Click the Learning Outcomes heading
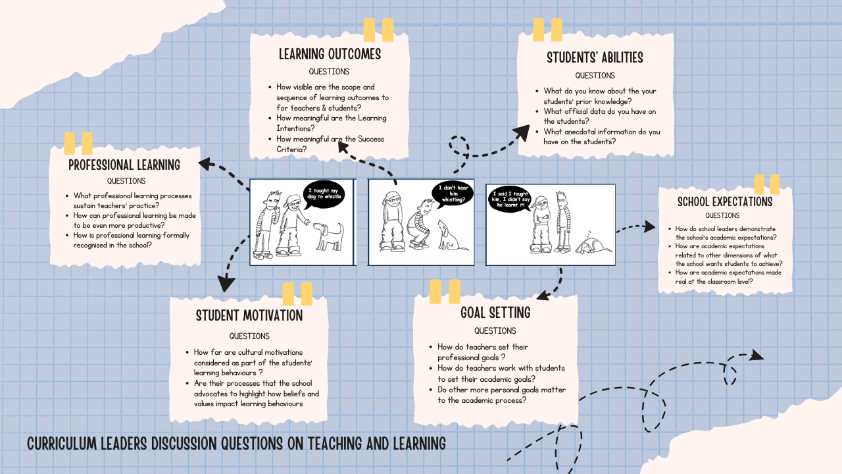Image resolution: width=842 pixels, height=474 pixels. pyautogui.click(x=330, y=53)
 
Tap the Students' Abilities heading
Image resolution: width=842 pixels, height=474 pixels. pyautogui.click(x=595, y=57)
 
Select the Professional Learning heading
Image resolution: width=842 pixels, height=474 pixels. pyautogui.click(x=124, y=165)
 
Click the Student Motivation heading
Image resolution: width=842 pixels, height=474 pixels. pyautogui.click(x=249, y=315)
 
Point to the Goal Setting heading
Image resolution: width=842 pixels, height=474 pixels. pyautogui.click(x=495, y=312)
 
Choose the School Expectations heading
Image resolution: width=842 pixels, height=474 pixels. pyautogui.click(x=725, y=201)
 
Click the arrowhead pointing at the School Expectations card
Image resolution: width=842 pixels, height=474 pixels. pyautogui.click(x=649, y=226)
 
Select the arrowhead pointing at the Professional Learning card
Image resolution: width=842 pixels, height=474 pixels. pyautogui.click(x=205, y=163)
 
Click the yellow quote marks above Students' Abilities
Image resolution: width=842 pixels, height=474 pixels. pyautogui.click(x=547, y=30)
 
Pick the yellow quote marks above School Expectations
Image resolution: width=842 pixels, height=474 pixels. pyautogui.click(x=766, y=184)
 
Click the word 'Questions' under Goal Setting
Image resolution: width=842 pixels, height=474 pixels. pyautogui.click(x=495, y=330)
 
